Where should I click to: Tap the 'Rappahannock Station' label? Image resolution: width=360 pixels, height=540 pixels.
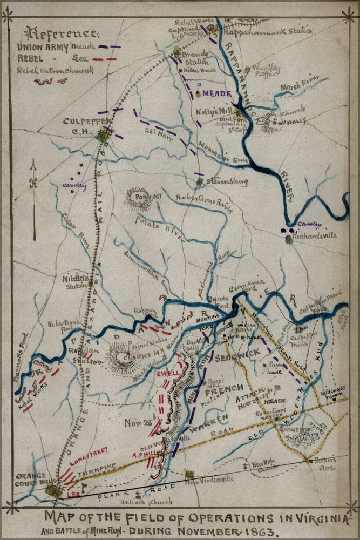[x=268, y=31]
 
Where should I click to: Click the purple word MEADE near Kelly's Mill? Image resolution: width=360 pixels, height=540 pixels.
[x=217, y=93]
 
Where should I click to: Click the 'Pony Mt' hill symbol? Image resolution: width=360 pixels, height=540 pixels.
[x=138, y=198]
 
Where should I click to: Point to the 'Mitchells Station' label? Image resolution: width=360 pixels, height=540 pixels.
[x=74, y=282]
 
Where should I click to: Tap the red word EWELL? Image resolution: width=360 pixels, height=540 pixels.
[x=167, y=373]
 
